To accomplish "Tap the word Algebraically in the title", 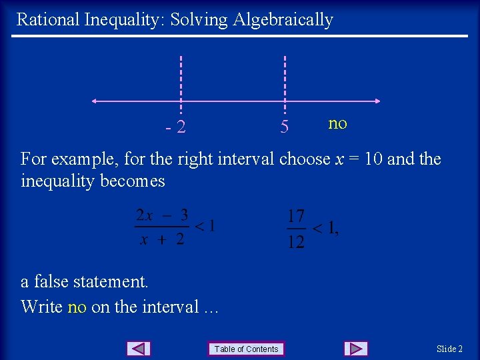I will click(x=283, y=20).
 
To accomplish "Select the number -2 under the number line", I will click(x=177, y=126).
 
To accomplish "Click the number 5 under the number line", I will click(x=285, y=126).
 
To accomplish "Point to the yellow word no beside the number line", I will click(x=337, y=123).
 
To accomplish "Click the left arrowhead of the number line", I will click(x=95, y=101).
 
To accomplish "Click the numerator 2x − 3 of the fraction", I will click(x=162, y=215).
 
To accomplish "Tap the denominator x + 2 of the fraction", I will click(x=162, y=239).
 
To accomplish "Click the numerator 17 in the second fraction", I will click(x=296, y=216).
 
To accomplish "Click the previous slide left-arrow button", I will click(x=139, y=349).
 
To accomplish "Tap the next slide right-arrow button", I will click(x=356, y=349).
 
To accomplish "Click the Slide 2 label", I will click(x=449, y=349).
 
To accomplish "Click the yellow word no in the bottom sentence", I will click(x=77, y=307).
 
